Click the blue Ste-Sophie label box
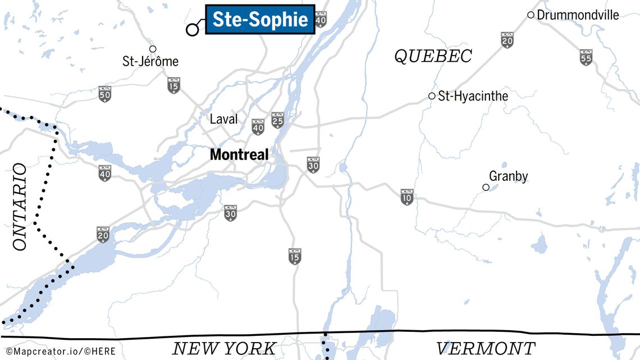[x=260, y=20]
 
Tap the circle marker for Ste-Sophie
[x=193, y=30]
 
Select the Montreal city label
[x=239, y=154]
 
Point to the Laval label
[x=223, y=119]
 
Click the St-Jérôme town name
[x=150, y=61]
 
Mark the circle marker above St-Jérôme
[x=153, y=49]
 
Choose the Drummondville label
[x=578, y=15]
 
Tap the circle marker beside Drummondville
[x=531, y=15]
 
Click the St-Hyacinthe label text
[x=473, y=96]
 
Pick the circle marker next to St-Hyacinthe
[x=432, y=96]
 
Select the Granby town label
[x=508, y=176]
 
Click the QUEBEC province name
[x=433, y=56]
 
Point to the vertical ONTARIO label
[x=19, y=207]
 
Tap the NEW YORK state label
[x=225, y=348]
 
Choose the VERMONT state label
[x=486, y=348]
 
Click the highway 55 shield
[x=586, y=57]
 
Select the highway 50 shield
[x=104, y=94]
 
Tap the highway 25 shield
[x=277, y=120]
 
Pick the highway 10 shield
[x=407, y=197]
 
